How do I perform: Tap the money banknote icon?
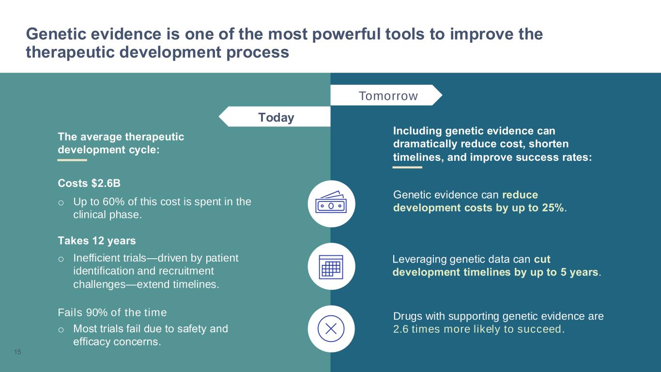click(x=331, y=202)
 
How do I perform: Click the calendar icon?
click(x=331, y=267)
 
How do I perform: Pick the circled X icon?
click(x=331, y=328)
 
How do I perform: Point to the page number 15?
click(x=17, y=352)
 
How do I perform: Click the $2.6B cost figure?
click(x=106, y=183)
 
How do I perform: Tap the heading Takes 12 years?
click(x=97, y=241)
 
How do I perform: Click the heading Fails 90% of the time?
click(x=112, y=312)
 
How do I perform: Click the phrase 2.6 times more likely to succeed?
click(x=478, y=329)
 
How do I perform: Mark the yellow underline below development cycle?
click(x=72, y=160)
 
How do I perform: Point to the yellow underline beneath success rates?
click(x=407, y=168)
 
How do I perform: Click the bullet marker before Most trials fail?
click(x=61, y=330)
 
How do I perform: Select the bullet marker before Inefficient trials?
click(x=61, y=259)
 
